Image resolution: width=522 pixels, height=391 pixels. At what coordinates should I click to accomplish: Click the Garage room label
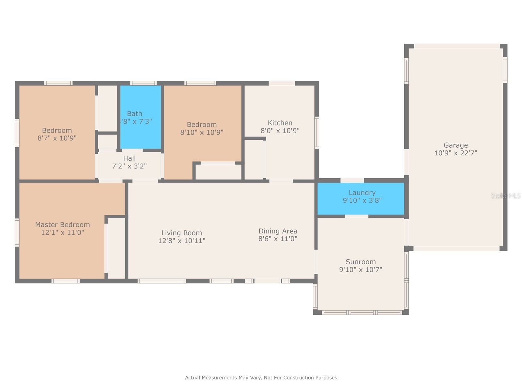tap(455, 145)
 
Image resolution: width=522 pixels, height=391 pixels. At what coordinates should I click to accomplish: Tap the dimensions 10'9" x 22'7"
tap(455, 153)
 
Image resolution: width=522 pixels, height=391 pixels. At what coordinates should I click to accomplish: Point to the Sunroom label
tap(361, 262)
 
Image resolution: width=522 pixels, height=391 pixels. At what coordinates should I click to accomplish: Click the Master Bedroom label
tap(62, 225)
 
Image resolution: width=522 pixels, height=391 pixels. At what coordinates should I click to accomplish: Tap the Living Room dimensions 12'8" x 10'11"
tap(182, 241)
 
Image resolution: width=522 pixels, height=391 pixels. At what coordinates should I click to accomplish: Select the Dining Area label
tap(278, 231)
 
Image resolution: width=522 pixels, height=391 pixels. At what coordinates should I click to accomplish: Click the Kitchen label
tap(280, 123)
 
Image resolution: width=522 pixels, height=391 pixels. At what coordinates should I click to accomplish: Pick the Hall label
tap(129, 158)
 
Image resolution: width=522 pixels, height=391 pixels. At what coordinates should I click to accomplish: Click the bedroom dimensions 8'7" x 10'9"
tap(57, 138)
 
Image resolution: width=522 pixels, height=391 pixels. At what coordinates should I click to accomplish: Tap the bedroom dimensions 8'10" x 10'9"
tap(202, 132)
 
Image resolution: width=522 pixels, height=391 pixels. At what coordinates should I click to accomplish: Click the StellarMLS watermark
tap(505, 196)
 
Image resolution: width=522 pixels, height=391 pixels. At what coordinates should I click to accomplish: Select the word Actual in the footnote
tap(192, 378)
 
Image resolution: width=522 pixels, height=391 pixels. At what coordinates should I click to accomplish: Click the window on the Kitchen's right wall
tap(316, 132)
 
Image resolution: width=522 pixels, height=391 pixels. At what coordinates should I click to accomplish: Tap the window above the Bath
tap(143, 83)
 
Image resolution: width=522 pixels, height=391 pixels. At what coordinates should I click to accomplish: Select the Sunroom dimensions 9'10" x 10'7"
tap(361, 270)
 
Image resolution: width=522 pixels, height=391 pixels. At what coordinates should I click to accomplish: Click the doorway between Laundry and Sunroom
tap(356, 216)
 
